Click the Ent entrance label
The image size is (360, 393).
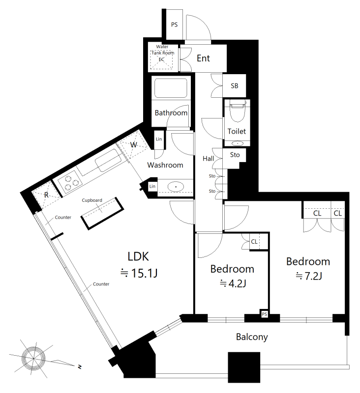(203, 58)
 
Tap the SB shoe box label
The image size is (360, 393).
(234, 86)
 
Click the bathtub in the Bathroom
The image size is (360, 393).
(171, 88)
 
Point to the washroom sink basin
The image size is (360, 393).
(176, 187)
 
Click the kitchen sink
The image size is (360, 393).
(108, 161)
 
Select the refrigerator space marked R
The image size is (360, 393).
(46, 195)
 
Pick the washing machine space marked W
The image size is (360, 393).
(133, 145)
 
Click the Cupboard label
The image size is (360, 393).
(92, 200)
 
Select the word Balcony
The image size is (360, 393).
(252, 337)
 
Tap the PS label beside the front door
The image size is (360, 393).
(175, 25)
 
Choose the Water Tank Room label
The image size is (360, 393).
(163, 50)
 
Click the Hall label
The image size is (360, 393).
(208, 159)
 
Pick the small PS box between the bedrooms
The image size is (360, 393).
(264, 314)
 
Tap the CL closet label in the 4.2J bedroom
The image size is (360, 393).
(254, 242)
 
